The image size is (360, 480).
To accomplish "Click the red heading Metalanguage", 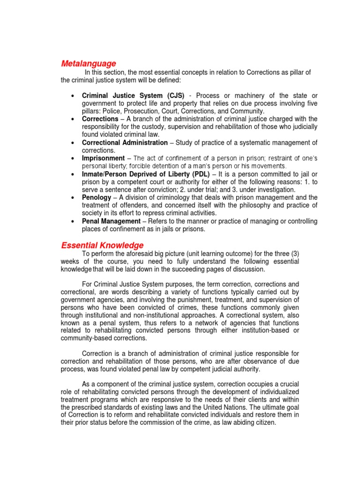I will [x=89, y=63].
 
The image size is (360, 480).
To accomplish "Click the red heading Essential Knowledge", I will [x=102, y=245].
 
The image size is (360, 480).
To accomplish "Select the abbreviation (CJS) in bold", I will [x=173, y=96].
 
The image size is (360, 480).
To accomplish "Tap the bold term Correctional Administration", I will [x=125, y=142].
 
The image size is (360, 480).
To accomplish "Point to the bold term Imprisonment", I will [x=104, y=158].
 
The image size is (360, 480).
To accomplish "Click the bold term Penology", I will [x=97, y=197].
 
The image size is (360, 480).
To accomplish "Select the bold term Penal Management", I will [x=111, y=221].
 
